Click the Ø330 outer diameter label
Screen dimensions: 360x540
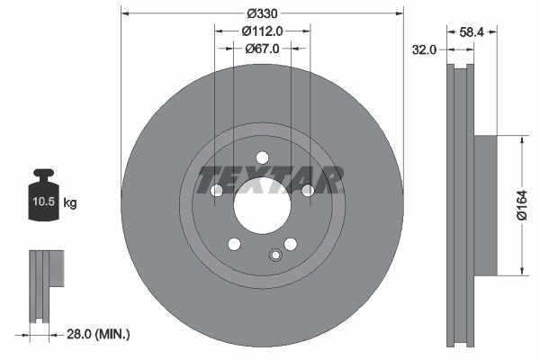[x=262, y=13]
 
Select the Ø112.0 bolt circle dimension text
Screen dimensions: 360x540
[x=262, y=31]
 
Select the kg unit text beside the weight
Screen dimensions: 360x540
[x=70, y=203]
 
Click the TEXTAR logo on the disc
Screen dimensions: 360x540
[x=270, y=179]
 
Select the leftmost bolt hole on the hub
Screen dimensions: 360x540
[x=216, y=190]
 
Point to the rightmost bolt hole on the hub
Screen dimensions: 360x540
[x=308, y=190]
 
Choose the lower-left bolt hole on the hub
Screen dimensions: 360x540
[x=234, y=244]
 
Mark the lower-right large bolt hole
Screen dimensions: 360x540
[x=290, y=244]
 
